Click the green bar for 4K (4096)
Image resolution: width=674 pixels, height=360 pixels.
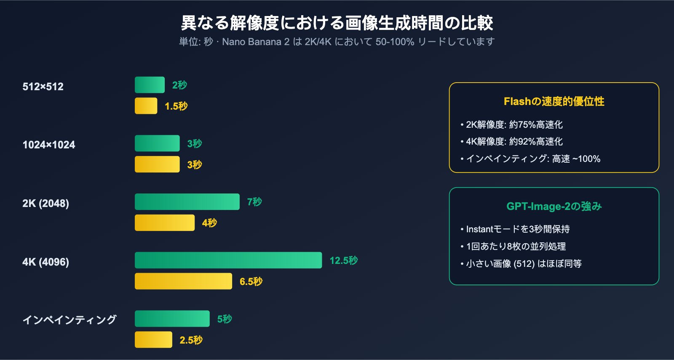[x=228, y=260]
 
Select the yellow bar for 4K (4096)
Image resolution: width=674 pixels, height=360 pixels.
[x=183, y=281]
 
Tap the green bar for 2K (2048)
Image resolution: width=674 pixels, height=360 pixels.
[x=187, y=201]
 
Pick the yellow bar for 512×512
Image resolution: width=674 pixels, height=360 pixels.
[x=146, y=106]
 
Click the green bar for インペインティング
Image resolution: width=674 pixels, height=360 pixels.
[x=172, y=319]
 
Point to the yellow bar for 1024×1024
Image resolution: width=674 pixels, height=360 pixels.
[x=157, y=164]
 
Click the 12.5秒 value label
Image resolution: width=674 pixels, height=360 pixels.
[x=344, y=261]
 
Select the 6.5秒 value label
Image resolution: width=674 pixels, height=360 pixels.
[x=251, y=282]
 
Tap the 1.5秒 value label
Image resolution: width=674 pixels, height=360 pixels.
[x=176, y=106]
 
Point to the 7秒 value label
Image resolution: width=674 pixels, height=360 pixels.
[x=254, y=202]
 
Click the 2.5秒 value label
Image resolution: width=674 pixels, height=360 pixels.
[x=191, y=340]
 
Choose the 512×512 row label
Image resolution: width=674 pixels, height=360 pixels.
[x=43, y=87]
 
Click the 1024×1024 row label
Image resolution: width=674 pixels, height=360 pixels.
[x=49, y=145]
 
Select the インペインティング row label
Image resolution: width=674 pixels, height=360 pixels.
[x=70, y=320]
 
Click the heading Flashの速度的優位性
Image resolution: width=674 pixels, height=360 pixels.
[x=554, y=102]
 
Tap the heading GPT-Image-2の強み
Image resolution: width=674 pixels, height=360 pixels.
[x=554, y=207]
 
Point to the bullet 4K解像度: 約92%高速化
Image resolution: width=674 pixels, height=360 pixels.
[x=514, y=142]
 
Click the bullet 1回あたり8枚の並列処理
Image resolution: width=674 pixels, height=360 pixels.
[x=516, y=247]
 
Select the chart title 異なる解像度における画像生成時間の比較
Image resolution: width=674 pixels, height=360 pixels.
[x=337, y=23]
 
